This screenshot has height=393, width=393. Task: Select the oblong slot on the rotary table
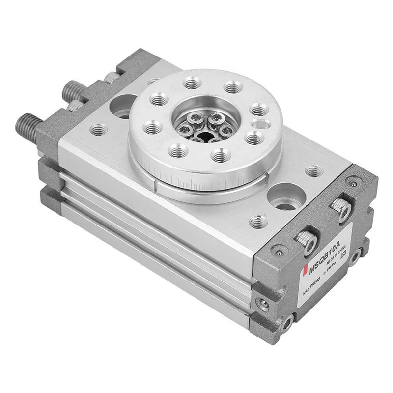pos(260,123)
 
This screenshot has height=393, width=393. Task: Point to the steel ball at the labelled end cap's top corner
pos(353,183)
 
